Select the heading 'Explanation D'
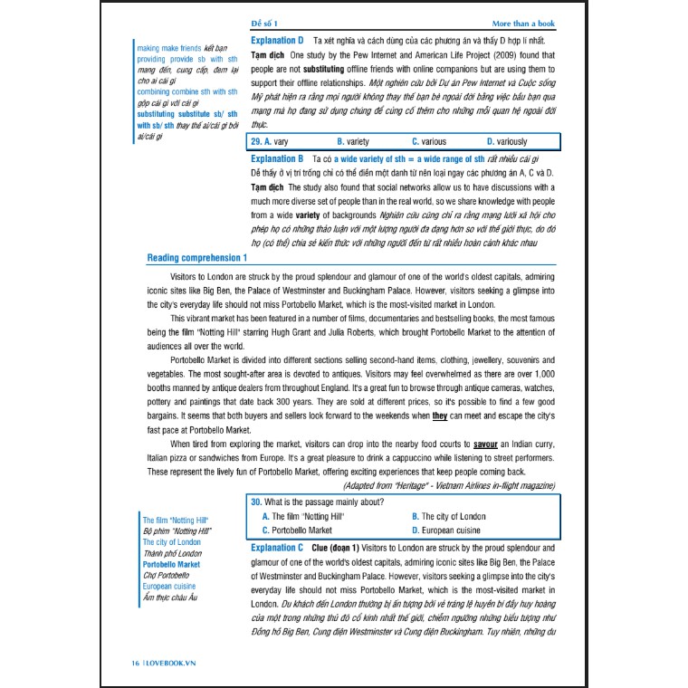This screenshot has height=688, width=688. (x=276, y=41)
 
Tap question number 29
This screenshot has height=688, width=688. (x=254, y=142)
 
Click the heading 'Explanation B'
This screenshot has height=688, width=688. (x=276, y=158)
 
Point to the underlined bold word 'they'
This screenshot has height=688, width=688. (x=440, y=416)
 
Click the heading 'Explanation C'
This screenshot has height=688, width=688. (x=276, y=549)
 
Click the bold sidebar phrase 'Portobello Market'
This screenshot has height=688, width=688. (x=171, y=564)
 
